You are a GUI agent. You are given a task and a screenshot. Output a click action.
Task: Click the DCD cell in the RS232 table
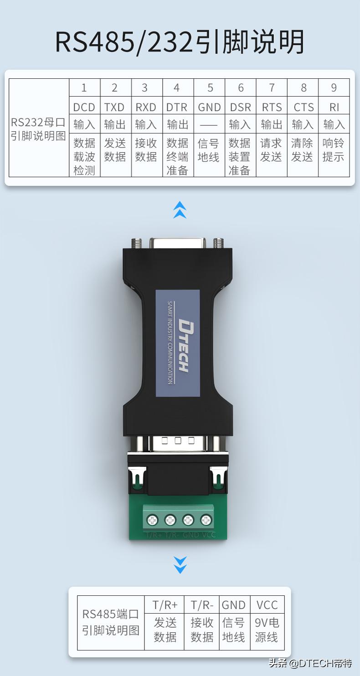tap(84, 107)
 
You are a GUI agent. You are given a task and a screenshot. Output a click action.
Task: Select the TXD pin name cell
tap(114, 107)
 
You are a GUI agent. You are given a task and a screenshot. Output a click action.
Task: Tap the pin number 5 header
tap(210, 88)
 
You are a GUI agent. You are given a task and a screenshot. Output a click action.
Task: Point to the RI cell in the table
tap(334, 107)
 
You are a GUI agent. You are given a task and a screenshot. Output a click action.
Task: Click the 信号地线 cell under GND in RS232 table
tap(209, 151)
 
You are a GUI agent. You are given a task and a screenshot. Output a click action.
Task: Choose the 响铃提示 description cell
tap(334, 151)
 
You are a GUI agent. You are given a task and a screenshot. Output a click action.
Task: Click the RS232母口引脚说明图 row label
tap(39, 129)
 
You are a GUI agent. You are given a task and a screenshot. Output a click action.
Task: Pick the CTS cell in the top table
tap(303, 107)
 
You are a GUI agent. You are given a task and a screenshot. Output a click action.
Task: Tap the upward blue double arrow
tap(180, 210)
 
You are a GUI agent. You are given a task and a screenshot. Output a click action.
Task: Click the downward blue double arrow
tap(180, 565)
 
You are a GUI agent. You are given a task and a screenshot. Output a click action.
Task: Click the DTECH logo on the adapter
tap(182, 346)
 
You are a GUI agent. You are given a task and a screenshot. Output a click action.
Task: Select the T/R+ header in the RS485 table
tap(165, 605)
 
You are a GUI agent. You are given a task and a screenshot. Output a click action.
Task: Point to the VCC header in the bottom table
tap(267, 605)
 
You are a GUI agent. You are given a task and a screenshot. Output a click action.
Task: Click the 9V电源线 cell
tap(267, 630)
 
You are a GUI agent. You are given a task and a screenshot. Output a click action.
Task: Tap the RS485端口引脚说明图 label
tap(111, 622)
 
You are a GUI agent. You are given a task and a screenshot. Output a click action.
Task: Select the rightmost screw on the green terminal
tap(206, 519)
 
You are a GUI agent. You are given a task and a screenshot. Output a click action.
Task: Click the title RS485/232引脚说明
tap(180, 43)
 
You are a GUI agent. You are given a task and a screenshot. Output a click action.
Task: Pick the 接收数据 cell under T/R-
tap(202, 630)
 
